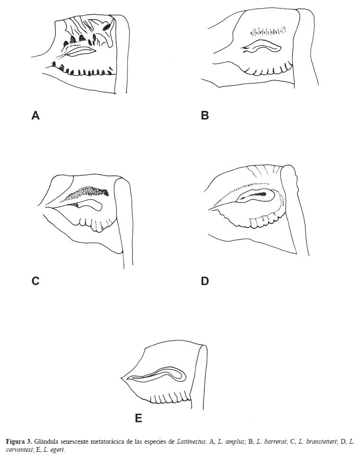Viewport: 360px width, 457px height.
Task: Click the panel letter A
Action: point(35,115)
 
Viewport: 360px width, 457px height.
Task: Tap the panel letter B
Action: point(205,115)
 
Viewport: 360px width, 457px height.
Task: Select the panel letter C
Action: point(35,281)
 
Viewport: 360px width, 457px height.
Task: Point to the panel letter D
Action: point(205,281)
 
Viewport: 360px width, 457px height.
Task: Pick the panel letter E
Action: point(138,418)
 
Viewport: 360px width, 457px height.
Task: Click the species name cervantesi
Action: point(18,449)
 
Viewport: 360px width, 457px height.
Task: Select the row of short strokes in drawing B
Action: point(269,32)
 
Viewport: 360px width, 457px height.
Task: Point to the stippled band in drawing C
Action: point(90,192)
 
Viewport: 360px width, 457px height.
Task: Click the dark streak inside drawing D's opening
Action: point(261,194)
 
